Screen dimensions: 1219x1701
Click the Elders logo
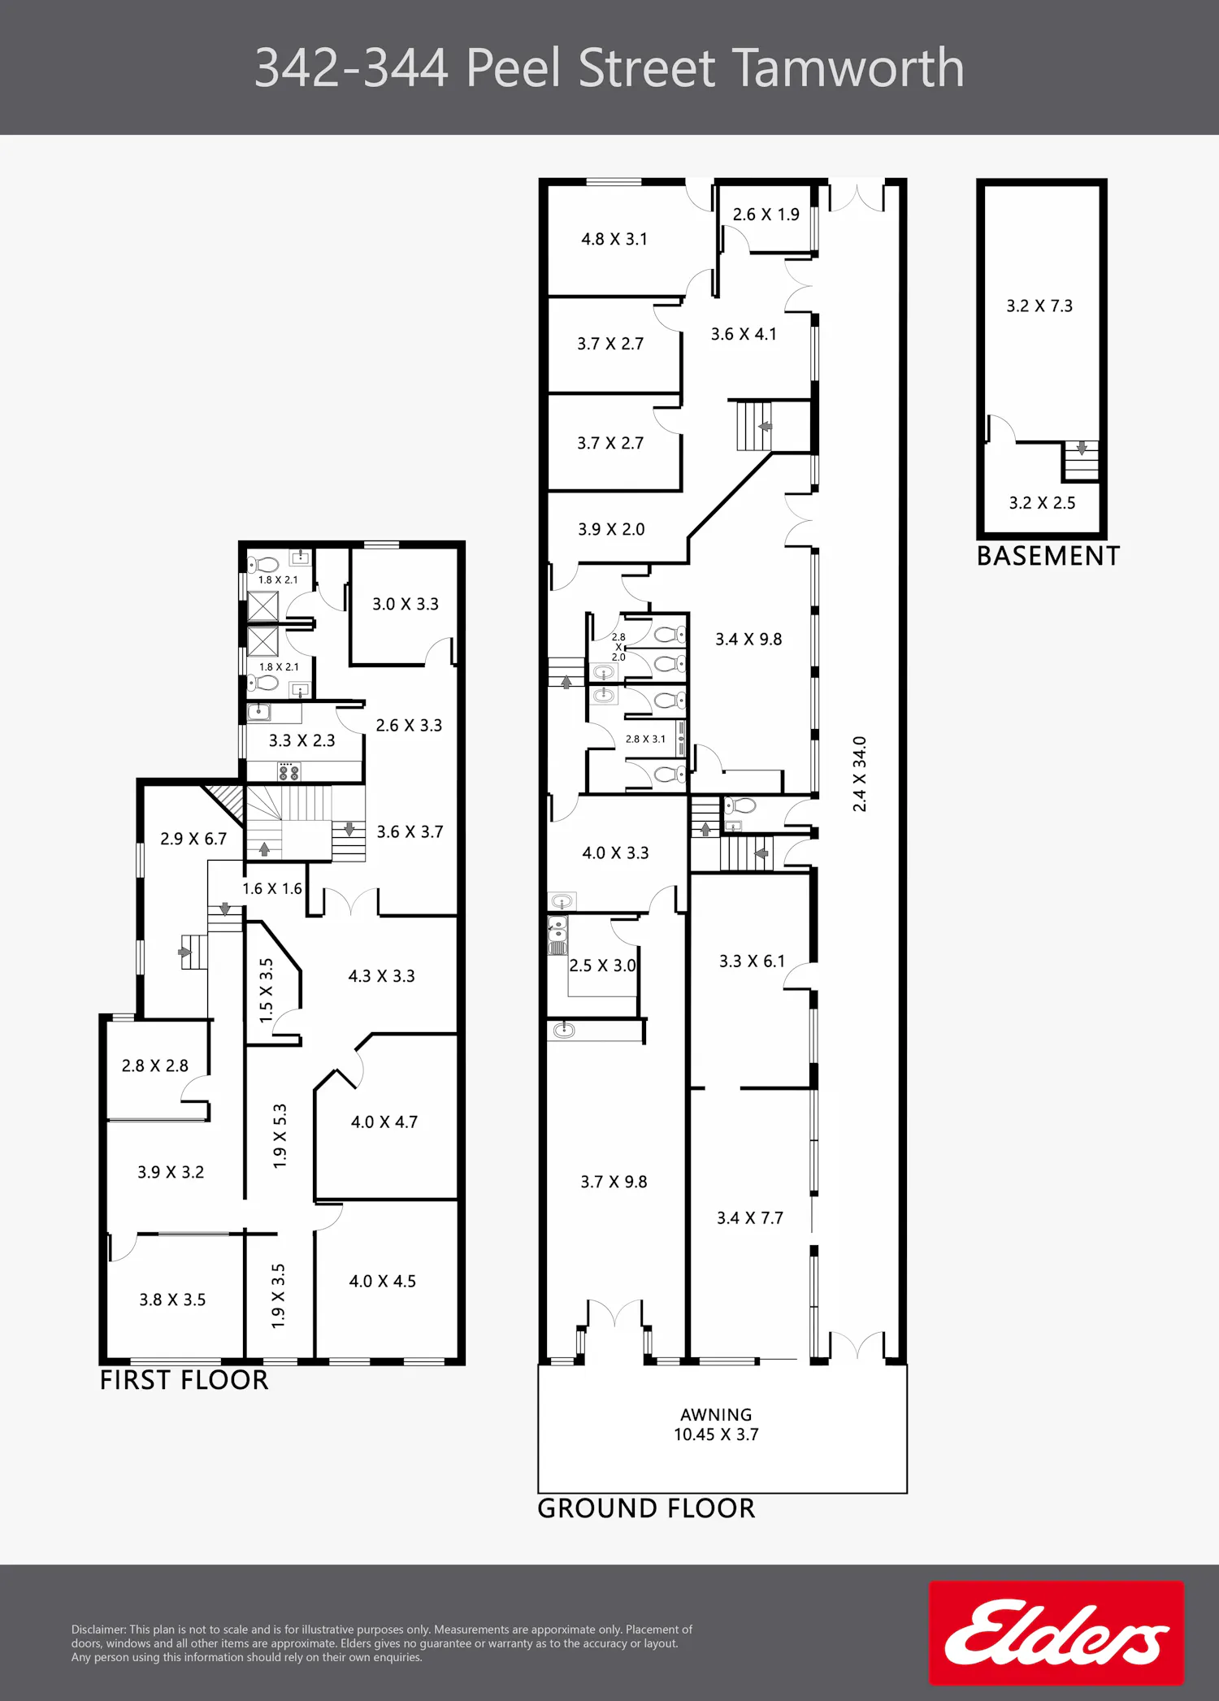[x=1056, y=1633]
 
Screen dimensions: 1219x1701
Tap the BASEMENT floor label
[x=1048, y=556]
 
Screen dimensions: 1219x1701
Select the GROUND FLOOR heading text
[x=646, y=1508]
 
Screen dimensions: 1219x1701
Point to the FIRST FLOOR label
[x=184, y=1380]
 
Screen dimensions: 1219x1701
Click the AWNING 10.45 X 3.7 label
[x=716, y=1425]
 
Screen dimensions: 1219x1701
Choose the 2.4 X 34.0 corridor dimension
[x=860, y=774]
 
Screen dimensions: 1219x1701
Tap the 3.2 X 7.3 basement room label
[x=1039, y=306]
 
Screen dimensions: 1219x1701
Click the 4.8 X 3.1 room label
[x=614, y=239]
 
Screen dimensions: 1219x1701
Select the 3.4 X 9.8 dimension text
[x=748, y=640]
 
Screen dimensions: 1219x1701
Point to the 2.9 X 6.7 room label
[x=193, y=839]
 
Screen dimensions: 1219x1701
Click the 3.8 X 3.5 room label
[x=172, y=1300]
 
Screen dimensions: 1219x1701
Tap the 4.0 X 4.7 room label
[x=384, y=1122]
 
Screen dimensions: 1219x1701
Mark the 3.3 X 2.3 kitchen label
[x=302, y=740]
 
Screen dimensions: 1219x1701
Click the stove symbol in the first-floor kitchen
[x=288, y=771]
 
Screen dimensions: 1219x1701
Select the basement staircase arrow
[x=1082, y=448]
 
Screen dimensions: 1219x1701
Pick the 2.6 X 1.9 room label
[x=766, y=215]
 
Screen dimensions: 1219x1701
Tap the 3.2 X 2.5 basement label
[x=1042, y=503]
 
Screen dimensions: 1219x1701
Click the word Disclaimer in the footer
[x=98, y=1629]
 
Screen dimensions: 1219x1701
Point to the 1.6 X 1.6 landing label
[x=272, y=889]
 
